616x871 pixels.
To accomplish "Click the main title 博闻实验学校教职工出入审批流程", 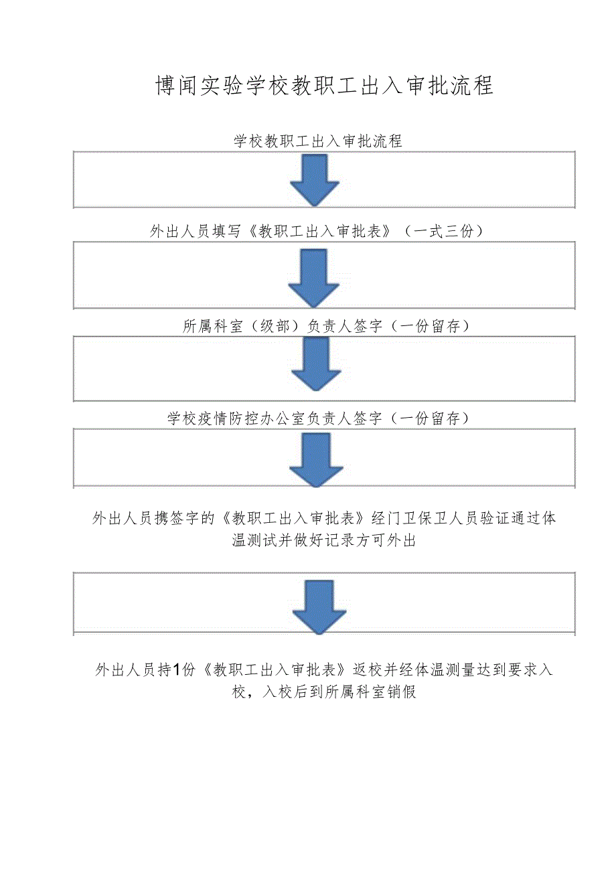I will (324, 86).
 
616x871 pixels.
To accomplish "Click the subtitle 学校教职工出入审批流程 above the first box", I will (317, 141).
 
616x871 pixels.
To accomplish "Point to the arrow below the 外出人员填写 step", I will (314, 277).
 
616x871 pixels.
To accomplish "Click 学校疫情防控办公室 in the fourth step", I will (236, 419).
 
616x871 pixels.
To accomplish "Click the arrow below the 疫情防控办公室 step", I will (316, 459).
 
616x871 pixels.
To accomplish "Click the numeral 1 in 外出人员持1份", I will (177, 669).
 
